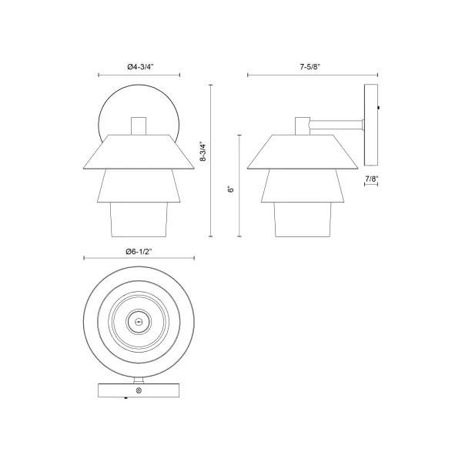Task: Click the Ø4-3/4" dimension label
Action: [x=139, y=67]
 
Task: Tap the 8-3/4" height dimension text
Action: [x=203, y=154]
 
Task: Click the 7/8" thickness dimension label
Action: [x=370, y=179]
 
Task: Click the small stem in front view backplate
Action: [x=139, y=126]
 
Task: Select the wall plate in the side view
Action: [x=370, y=124]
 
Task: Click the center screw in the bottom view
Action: [x=139, y=323]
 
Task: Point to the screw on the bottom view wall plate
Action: [x=139, y=391]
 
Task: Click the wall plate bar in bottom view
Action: [x=139, y=391]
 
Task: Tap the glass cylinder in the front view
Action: [x=139, y=221]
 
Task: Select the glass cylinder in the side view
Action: [x=302, y=221]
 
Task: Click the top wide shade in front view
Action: [x=139, y=152]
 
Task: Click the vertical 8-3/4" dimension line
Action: [x=212, y=161]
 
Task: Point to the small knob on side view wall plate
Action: [x=381, y=109]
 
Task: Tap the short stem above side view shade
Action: [x=302, y=126]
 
